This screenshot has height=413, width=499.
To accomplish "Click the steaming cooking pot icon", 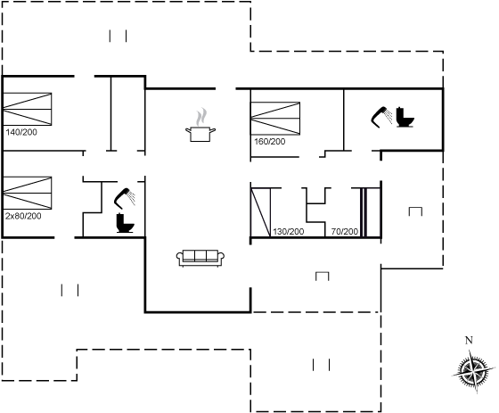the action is (200, 125).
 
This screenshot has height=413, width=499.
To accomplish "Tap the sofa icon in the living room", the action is (200, 258).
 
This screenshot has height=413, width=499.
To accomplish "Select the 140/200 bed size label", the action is (21, 132).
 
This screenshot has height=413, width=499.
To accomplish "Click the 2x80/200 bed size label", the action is (23, 216).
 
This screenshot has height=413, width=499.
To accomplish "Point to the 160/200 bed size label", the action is (269, 142).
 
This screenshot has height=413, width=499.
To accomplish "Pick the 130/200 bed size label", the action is (289, 232).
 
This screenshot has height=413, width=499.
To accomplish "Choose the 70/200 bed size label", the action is (345, 232).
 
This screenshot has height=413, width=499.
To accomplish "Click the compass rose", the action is (473, 371).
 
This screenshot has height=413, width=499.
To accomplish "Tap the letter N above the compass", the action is (469, 341).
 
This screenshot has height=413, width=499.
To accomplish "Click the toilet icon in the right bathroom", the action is (405, 118).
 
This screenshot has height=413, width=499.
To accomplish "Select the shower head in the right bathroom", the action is (381, 117).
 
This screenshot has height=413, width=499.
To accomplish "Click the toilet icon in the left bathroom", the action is (125, 223).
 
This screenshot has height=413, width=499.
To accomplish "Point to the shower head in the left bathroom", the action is (125, 199).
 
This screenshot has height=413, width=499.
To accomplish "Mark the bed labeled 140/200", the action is (28, 109).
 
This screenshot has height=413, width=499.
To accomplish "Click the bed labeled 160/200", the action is (275, 119).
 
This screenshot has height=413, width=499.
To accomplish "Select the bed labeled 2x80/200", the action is (28, 193).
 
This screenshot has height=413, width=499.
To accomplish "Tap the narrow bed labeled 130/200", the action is (260, 212).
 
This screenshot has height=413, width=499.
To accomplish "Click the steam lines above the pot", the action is (201, 117).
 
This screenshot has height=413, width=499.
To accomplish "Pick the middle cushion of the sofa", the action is (200, 256).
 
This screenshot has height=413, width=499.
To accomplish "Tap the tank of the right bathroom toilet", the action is (400, 114).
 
